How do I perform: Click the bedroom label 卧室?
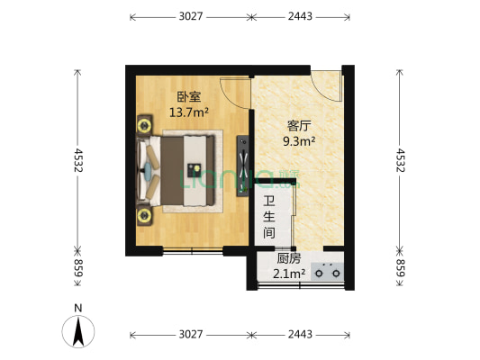188,97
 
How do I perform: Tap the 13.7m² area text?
189,112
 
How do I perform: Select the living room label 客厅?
298,125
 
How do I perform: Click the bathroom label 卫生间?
268,217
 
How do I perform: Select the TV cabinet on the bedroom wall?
241,166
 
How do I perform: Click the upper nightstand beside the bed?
144,123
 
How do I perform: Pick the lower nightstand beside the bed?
144,215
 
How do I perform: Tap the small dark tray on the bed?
194,169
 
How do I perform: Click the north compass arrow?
78,330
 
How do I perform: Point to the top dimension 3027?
189,16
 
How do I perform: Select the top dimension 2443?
300,16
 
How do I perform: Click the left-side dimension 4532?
78,160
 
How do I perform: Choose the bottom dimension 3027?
189,335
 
